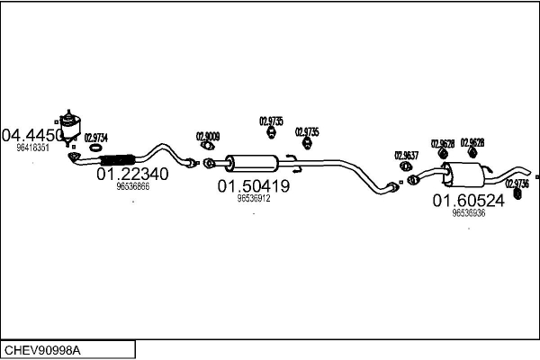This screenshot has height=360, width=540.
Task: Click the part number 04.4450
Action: tap(33, 135)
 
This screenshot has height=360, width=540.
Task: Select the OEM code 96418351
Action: tap(33, 148)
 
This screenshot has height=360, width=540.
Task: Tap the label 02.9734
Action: tap(96, 138)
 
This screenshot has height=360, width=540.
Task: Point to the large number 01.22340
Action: tap(131, 174)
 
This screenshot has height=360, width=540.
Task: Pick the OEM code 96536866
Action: tap(132, 186)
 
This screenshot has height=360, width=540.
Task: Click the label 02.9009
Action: tap(208, 137)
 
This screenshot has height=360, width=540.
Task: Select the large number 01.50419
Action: tap(253, 186)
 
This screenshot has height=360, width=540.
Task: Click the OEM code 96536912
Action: tap(253, 198)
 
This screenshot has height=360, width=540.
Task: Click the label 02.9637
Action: tap(407, 155)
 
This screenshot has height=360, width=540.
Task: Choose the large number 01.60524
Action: tap(469, 201)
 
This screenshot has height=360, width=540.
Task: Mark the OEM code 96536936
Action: tap(469, 213)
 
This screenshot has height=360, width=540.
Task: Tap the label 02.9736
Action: tap(517, 183)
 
